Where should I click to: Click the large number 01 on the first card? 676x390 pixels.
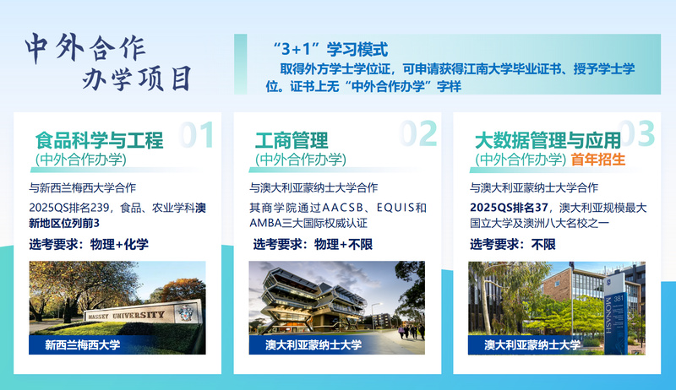click(196, 134)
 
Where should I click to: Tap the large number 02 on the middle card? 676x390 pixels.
click(418, 133)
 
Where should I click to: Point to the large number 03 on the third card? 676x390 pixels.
click(637, 133)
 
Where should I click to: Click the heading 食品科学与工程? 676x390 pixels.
click(99, 140)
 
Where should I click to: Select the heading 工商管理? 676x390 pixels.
click(292, 140)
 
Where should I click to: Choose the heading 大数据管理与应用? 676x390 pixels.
click(548, 140)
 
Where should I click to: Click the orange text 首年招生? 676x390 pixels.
click(598, 160)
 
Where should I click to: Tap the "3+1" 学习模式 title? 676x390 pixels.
click(330, 50)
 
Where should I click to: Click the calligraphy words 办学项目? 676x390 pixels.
click(137, 79)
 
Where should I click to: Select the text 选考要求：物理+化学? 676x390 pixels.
click(89, 244)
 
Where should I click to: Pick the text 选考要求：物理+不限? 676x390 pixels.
click(313, 244)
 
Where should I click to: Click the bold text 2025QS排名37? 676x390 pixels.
click(509, 208)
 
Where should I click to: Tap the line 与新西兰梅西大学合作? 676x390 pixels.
click(82, 187)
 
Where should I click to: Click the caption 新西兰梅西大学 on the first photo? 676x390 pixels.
click(82, 344)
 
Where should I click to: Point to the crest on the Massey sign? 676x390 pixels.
click(185, 313)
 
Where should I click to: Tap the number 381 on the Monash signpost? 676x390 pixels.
click(619, 298)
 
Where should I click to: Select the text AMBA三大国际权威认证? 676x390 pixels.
click(308, 223)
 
